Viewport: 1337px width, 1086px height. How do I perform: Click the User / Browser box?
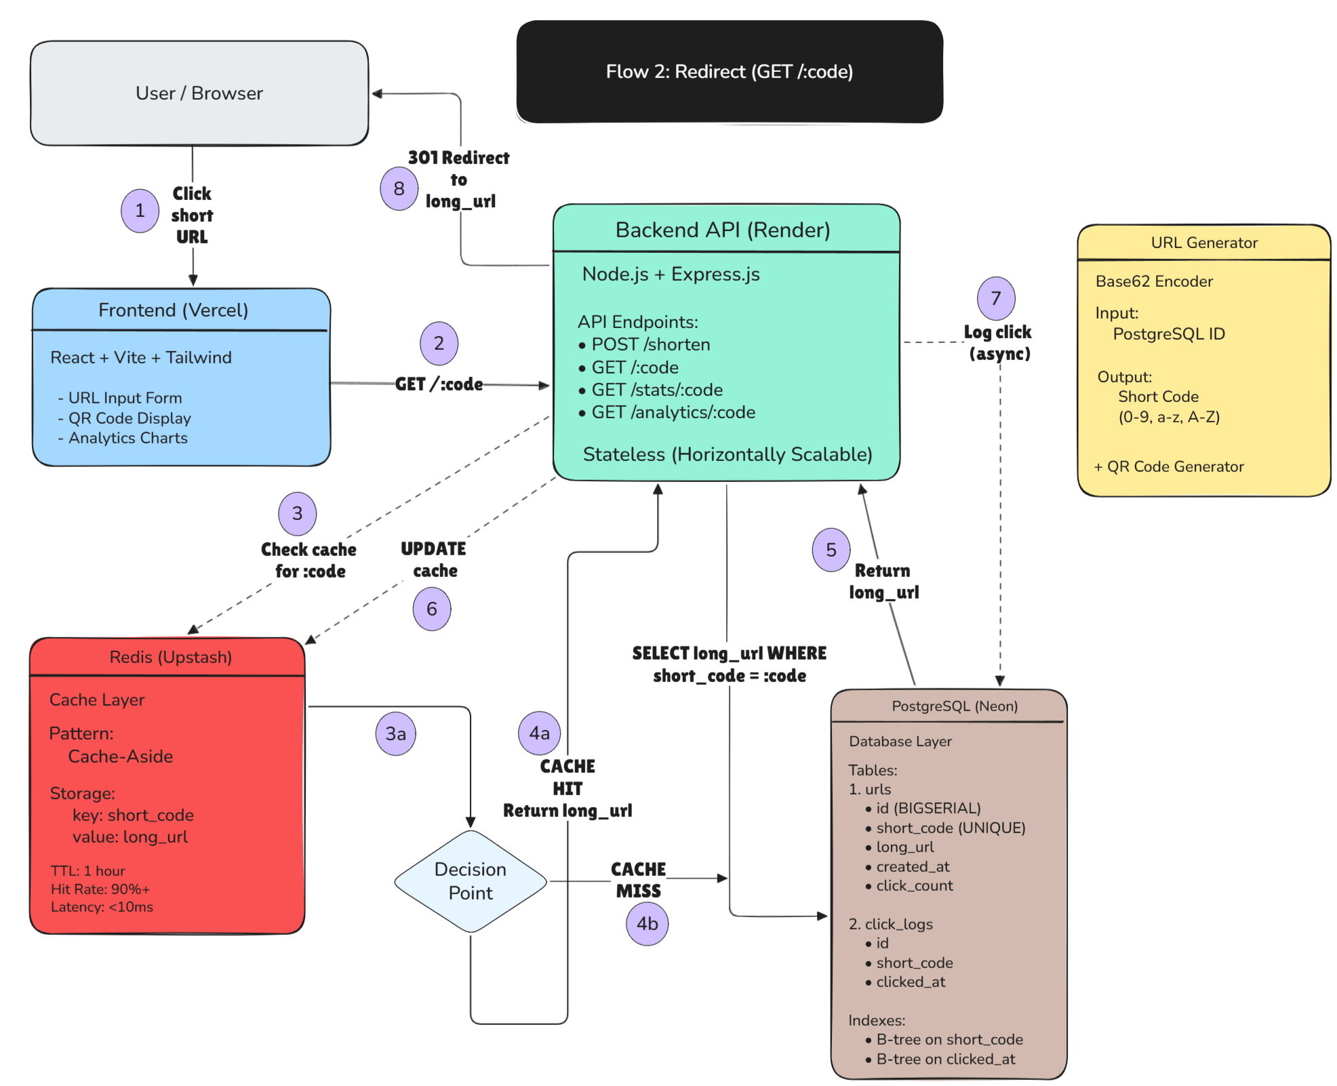[x=199, y=93]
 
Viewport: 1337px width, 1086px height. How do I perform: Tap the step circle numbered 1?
[x=140, y=211]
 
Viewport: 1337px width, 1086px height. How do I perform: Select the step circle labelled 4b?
[x=647, y=923]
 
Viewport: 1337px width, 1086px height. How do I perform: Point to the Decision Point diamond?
[x=471, y=881]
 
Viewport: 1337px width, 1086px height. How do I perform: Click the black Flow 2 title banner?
[x=730, y=71]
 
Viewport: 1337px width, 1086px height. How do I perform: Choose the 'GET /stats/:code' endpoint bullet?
[x=656, y=390]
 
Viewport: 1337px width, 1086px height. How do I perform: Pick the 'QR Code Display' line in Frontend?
[x=129, y=418]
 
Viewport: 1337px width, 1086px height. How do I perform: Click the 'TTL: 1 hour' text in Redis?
[x=88, y=871]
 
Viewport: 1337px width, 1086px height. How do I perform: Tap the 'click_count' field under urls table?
[x=914, y=886]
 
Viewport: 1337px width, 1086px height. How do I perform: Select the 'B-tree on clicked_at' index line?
[x=945, y=1059]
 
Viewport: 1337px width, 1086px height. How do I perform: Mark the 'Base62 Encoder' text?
[x=1154, y=281]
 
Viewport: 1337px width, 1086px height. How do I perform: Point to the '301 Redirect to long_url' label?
[x=459, y=180]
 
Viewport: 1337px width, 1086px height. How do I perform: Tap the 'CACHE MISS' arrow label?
[x=639, y=880]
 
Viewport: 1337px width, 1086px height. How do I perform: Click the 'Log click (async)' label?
[x=999, y=343]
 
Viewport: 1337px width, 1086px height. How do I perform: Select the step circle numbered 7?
[x=996, y=298]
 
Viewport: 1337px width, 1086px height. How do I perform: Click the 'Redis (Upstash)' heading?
[x=171, y=657]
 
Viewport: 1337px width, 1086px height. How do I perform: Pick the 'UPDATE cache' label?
[x=434, y=559]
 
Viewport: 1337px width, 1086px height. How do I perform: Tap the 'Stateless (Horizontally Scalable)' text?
[x=727, y=454]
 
